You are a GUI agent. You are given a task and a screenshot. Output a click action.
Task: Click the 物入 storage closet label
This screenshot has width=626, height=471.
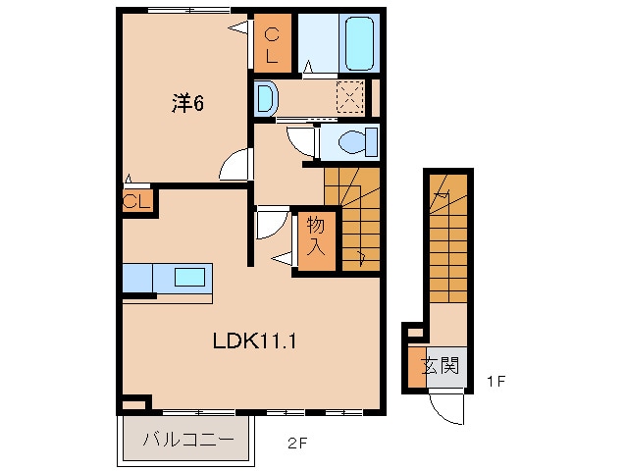[x=316, y=235]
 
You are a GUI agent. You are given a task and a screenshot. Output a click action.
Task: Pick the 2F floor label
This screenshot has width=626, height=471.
[x=297, y=442]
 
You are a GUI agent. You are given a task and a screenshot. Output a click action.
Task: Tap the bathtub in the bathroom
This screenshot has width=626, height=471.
[x=359, y=41]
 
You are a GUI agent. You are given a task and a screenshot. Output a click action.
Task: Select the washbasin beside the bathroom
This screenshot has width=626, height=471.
[x=267, y=97]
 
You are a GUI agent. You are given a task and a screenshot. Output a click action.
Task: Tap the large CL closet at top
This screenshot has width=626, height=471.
[x=271, y=44]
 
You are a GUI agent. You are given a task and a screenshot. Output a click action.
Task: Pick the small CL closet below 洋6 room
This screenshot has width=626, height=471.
[x=136, y=203]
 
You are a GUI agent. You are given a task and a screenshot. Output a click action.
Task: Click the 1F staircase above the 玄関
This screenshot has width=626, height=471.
[x=450, y=240]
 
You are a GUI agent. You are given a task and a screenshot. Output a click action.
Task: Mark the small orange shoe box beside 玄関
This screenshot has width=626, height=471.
[x=416, y=366]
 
